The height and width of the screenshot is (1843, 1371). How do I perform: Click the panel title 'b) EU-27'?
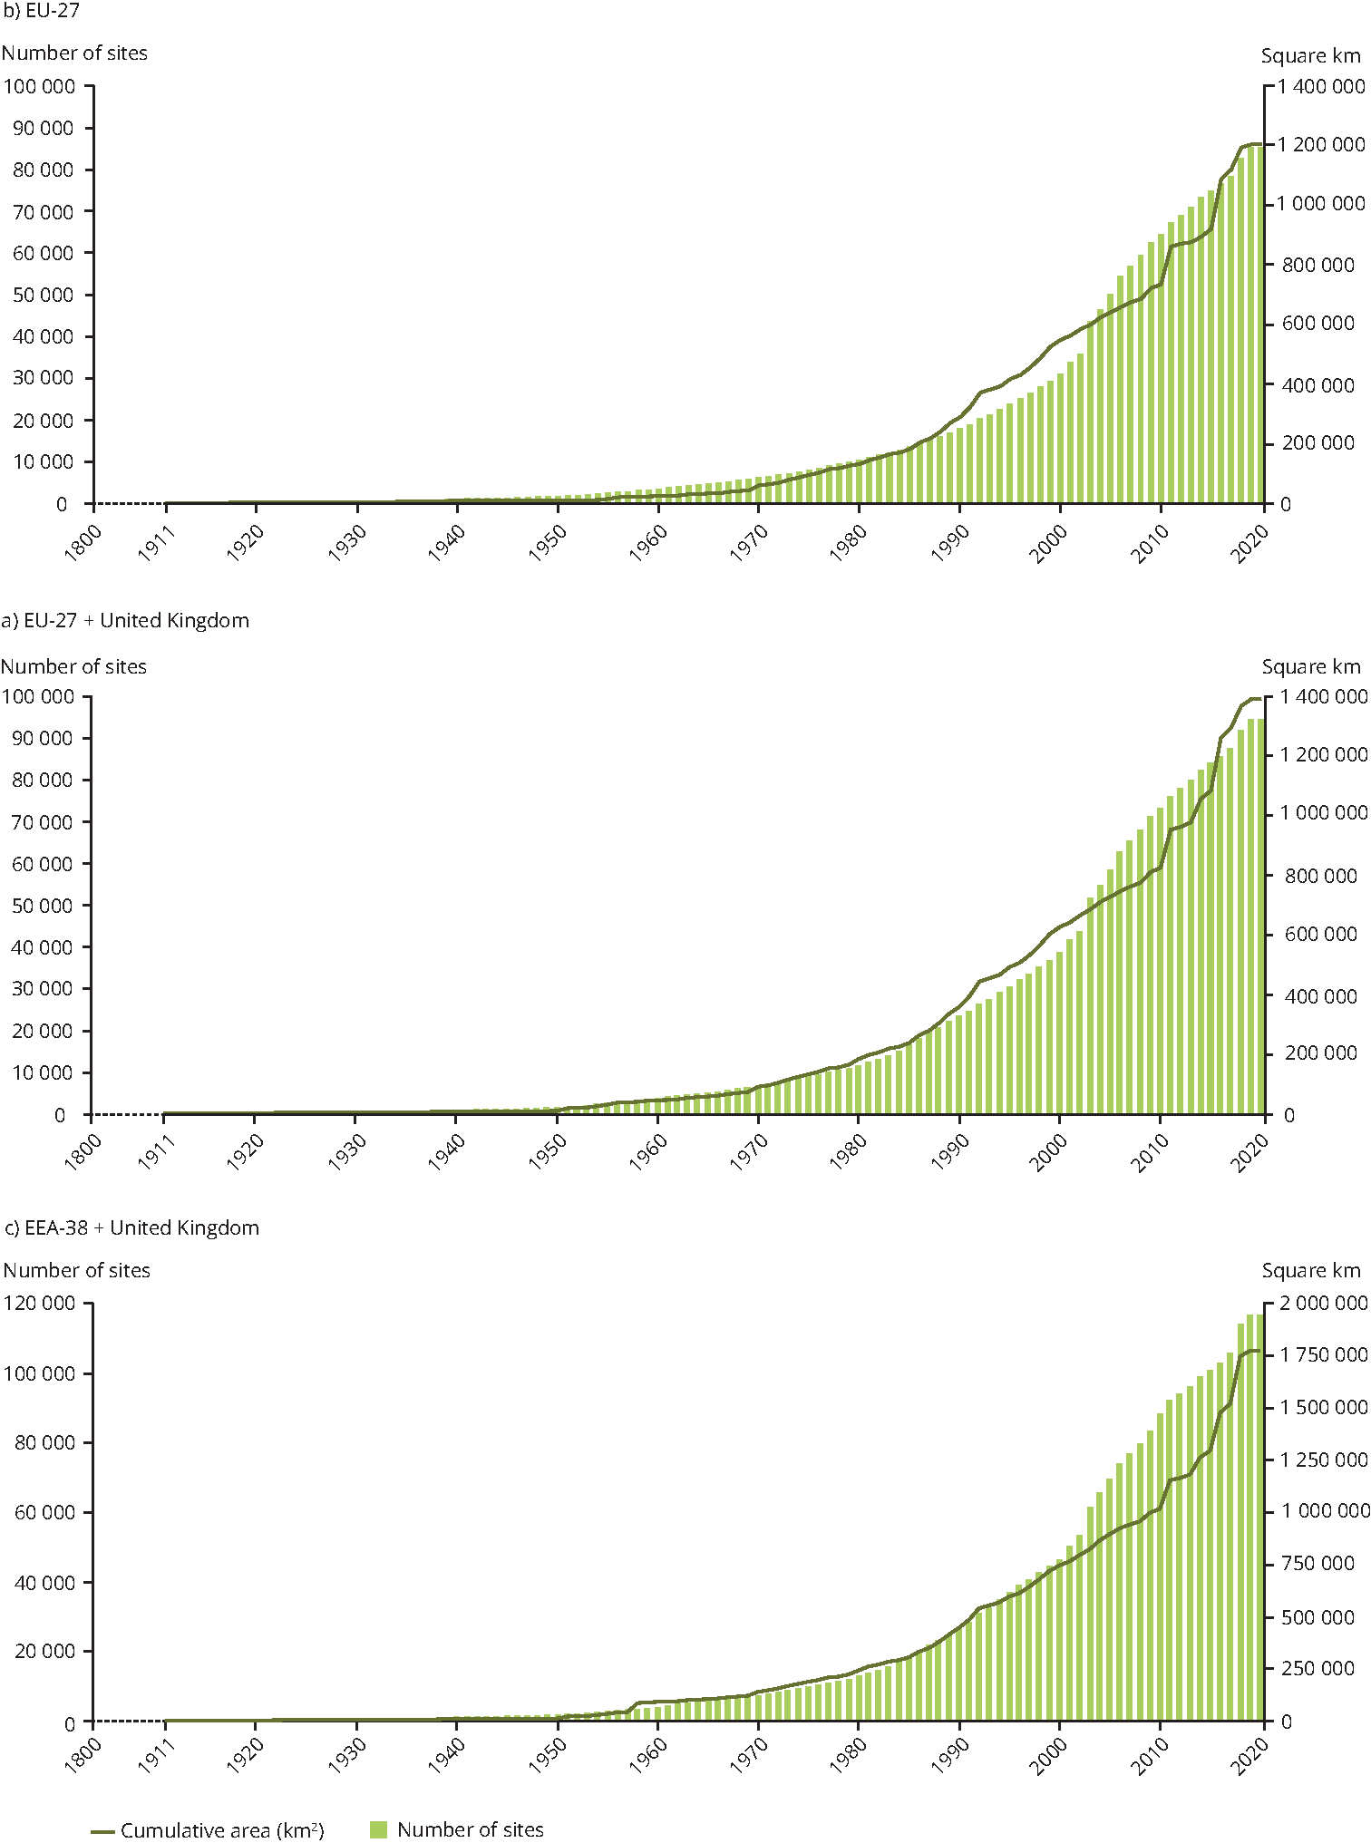click(x=42, y=12)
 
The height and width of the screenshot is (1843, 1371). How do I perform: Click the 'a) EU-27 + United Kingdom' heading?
click(x=125, y=620)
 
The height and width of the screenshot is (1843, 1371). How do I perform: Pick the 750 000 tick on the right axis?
click(x=1318, y=1563)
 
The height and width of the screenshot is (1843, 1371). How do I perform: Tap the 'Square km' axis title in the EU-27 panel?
click(x=1310, y=55)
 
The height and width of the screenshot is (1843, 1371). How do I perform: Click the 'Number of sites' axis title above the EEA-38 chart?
click(x=77, y=1270)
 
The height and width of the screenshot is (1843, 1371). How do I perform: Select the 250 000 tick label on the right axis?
click(x=1318, y=1668)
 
